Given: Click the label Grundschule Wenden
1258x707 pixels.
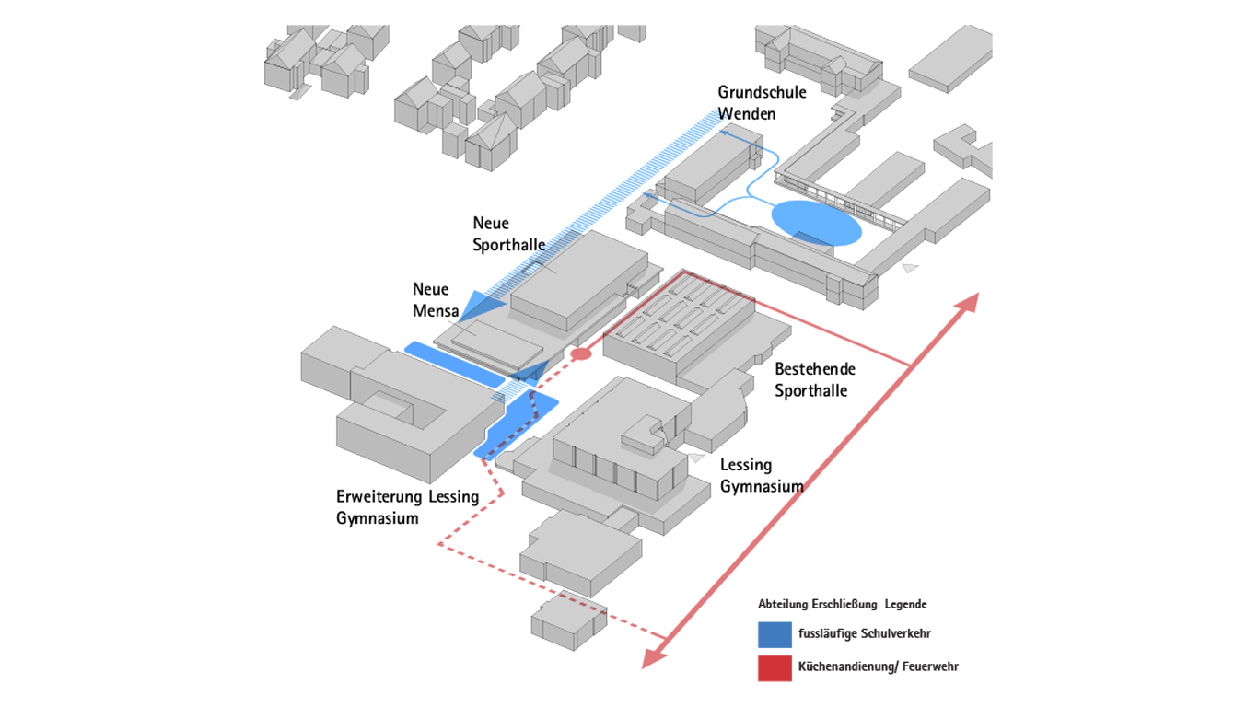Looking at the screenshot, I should pyautogui.click(x=762, y=102).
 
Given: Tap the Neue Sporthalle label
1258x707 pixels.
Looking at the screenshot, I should pyautogui.click(x=508, y=234).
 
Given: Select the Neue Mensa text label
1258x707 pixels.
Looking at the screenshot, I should pyautogui.click(x=436, y=300).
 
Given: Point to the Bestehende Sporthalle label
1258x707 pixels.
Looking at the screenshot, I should pyautogui.click(x=815, y=379).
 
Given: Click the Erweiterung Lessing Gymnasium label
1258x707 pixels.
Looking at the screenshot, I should pyautogui.click(x=407, y=507).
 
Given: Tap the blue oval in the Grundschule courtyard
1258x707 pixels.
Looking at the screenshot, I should pyautogui.click(x=816, y=223).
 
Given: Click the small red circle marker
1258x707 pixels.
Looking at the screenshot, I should pyautogui.click(x=580, y=354).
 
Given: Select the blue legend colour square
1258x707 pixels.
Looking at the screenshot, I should pyautogui.click(x=775, y=634).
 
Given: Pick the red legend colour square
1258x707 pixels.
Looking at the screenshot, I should pyautogui.click(x=775, y=667).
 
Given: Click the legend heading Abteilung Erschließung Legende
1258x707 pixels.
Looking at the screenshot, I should pyautogui.click(x=842, y=605).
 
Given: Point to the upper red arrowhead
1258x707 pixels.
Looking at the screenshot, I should pyautogui.click(x=969, y=303).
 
